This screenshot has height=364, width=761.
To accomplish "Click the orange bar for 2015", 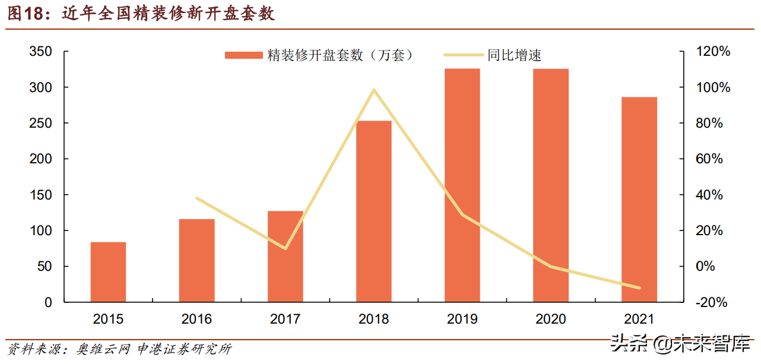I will pyautogui.click(x=108, y=271).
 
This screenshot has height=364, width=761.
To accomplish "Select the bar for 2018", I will pyautogui.click(x=374, y=211).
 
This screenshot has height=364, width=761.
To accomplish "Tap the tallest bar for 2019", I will pyautogui.click(x=462, y=185).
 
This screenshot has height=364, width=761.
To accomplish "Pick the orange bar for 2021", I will pyautogui.click(x=639, y=199).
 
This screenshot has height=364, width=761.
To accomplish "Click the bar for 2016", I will pyautogui.click(x=196, y=260).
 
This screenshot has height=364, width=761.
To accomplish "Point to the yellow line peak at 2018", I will pyautogui.click(x=374, y=90).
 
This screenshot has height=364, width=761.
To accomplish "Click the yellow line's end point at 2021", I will pyautogui.click(x=639, y=288).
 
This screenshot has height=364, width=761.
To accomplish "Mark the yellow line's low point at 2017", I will pyautogui.click(x=286, y=248).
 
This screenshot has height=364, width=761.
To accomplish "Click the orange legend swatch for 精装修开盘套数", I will pyautogui.click(x=243, y=55).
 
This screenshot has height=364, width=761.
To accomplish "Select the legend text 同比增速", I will pyautogui.click(x=514, y=55).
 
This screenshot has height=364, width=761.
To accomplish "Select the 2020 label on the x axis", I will pyautogui.click(x=551, y=319).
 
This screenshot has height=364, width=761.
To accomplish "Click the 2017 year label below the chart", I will pyautogui.click(x=286, y=319).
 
